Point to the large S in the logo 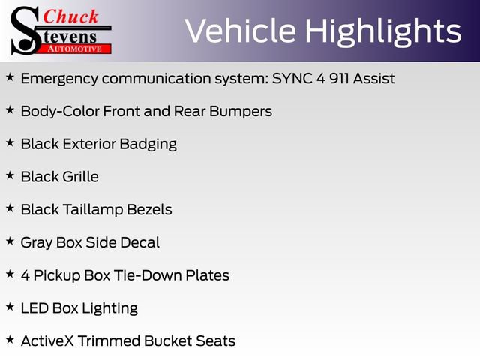click(x=24, y=30)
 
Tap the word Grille click(x=80, y=177)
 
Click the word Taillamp click(x=96, y=210)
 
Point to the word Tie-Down click(x=149, y=275)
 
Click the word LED click(x=34, y=308)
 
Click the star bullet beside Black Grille click(x=10, y=175)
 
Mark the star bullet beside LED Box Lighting click(x=10, y=307)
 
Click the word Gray click(x=36, y=242)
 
